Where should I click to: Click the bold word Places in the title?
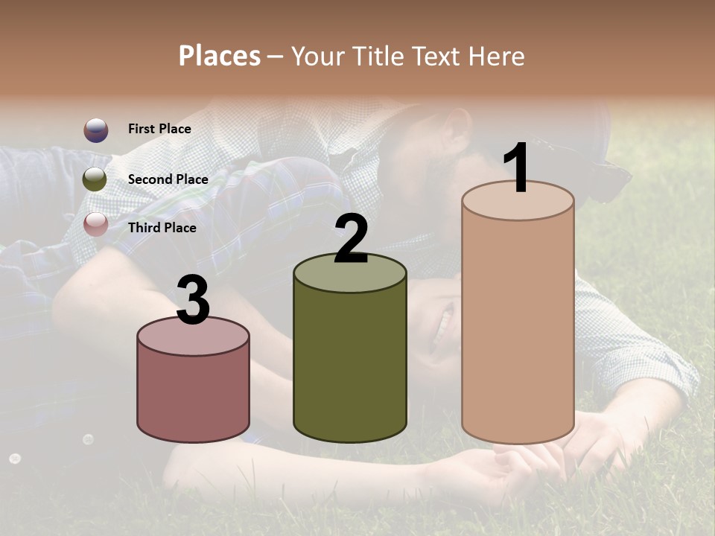point(220,56)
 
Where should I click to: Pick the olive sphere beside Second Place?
point(95,179)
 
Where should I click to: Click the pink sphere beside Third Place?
point(95,224)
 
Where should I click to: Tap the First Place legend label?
point(159,129)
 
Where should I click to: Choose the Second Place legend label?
point(168,179)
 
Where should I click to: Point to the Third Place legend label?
point(162,228)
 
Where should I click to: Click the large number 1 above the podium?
point(516,168)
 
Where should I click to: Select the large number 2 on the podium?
point(351,238)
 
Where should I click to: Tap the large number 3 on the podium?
point(193,301)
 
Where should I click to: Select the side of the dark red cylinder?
point(194,395)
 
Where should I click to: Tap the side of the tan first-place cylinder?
point(518,328)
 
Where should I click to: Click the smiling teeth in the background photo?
point(445,328)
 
